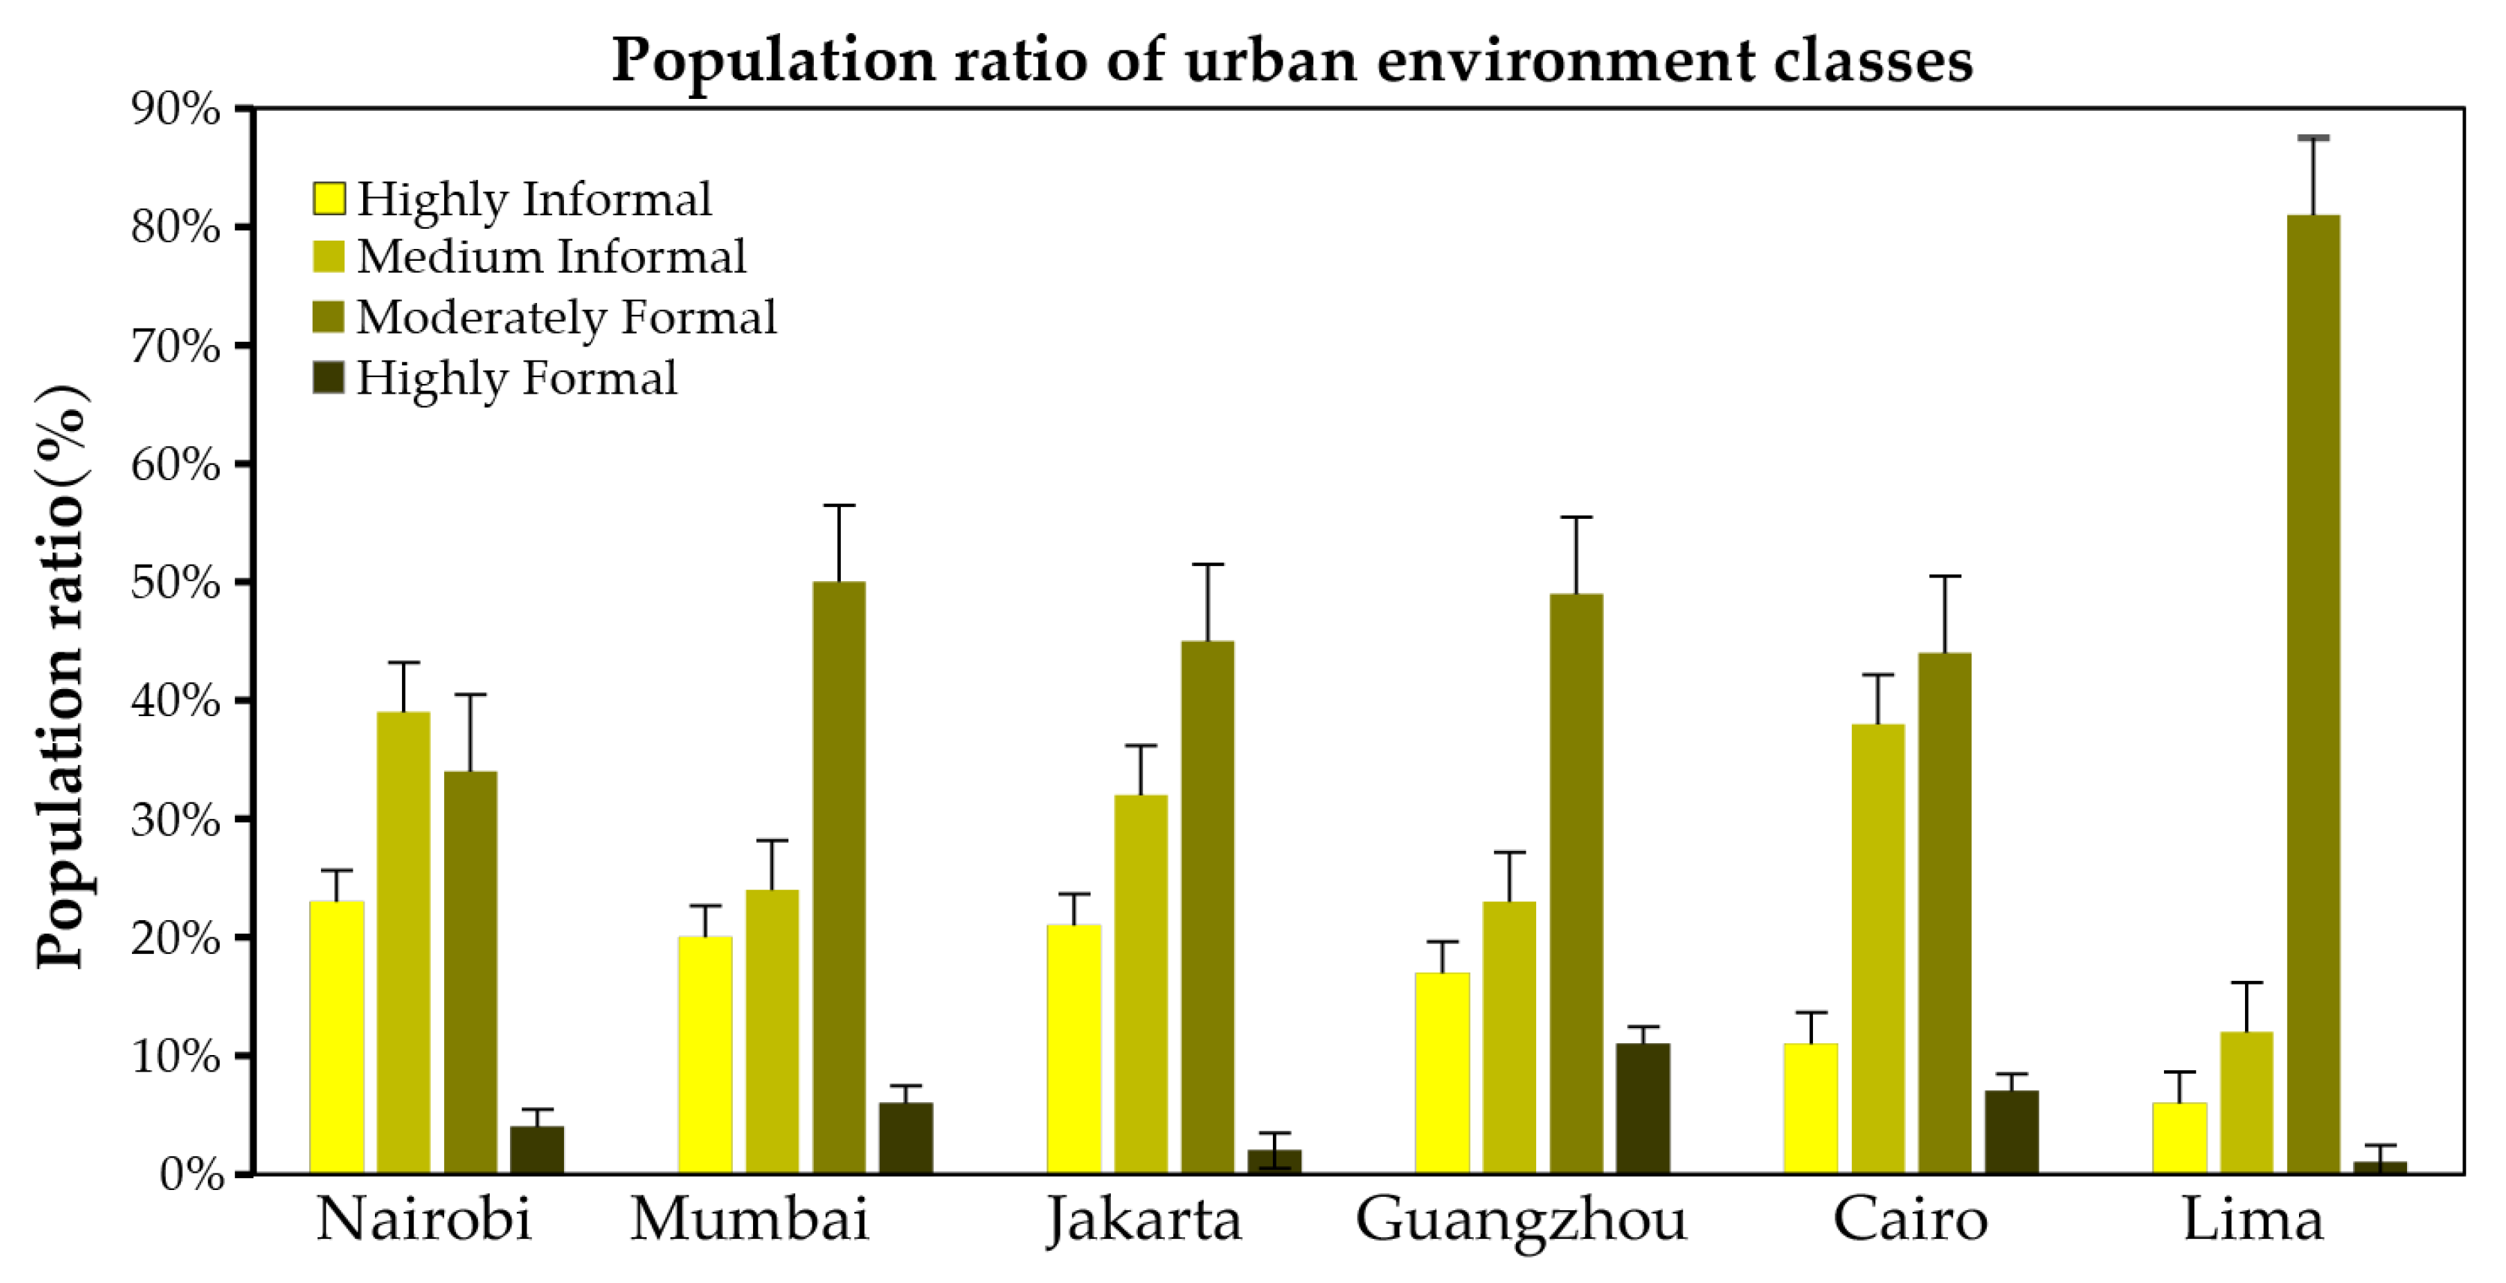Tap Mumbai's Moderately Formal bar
coord(839,875)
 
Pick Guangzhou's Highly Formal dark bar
coord(1643,1108)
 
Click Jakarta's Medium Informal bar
coord(1140,982)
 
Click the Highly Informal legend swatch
coord(329,199)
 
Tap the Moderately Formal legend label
coord(566,317)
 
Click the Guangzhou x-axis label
coord(1520,1220)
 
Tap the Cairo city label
coord(1910,1220)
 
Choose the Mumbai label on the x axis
coord(749,1220)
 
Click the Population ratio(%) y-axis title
coord(62,676)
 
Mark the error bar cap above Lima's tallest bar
coord(2313,138)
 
